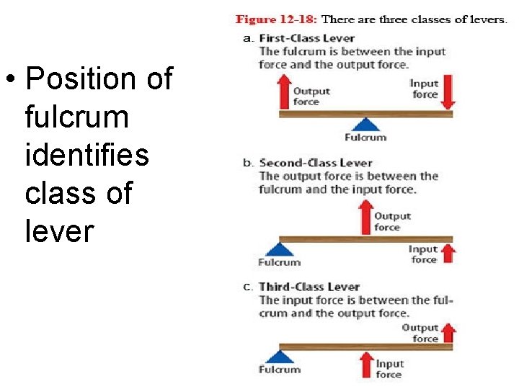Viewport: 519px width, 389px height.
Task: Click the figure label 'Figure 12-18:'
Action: coord(276,19)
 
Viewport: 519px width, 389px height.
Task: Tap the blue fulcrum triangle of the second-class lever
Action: coord(279,249)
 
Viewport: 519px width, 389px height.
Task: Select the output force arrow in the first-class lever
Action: coord(283,96)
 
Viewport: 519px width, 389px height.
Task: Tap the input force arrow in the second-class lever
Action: coord(448,254)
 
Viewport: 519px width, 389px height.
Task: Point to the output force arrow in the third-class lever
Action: coord(448,332)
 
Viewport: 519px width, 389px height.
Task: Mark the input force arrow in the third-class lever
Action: coord(365,363)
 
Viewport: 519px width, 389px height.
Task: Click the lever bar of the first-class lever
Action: coord(365,114)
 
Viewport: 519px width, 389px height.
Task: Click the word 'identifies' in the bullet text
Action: coord(86,154)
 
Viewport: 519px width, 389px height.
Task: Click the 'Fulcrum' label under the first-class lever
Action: coord(365,137)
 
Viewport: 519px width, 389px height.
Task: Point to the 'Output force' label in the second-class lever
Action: coord(393,221)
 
